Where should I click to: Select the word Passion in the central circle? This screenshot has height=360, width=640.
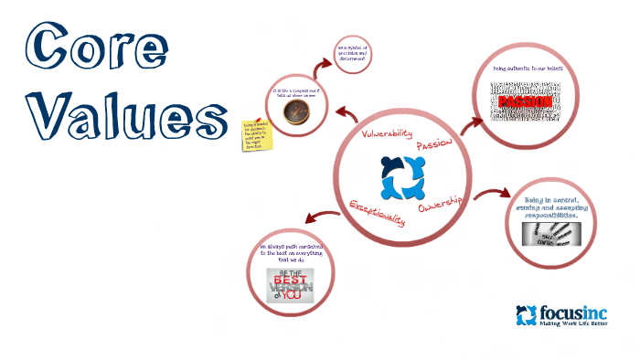tap(433, 147)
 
